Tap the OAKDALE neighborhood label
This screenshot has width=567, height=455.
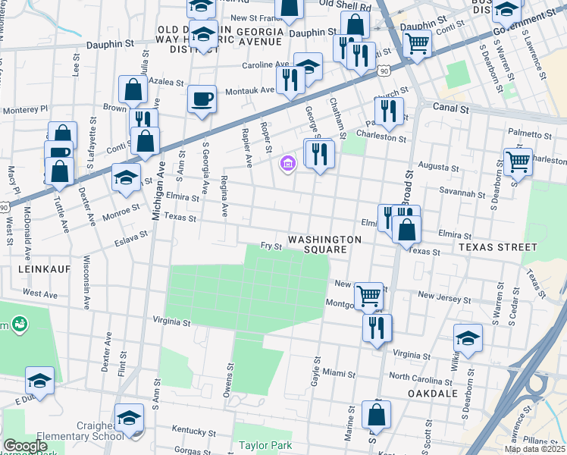coord(431,394)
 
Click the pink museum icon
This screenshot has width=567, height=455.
coord(287,164)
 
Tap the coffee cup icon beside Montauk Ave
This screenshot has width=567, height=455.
coord(202,100)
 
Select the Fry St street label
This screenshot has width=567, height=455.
coord(271,246)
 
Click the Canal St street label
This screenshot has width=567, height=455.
coord(452,109)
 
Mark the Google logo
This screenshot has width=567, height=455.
coord(25,446)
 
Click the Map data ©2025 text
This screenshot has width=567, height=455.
coord(535,449)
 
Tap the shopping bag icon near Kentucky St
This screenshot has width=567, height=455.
coord(377,416)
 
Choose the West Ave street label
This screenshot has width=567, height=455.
coord(39,293)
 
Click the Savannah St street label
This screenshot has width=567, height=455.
coord(465,194)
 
